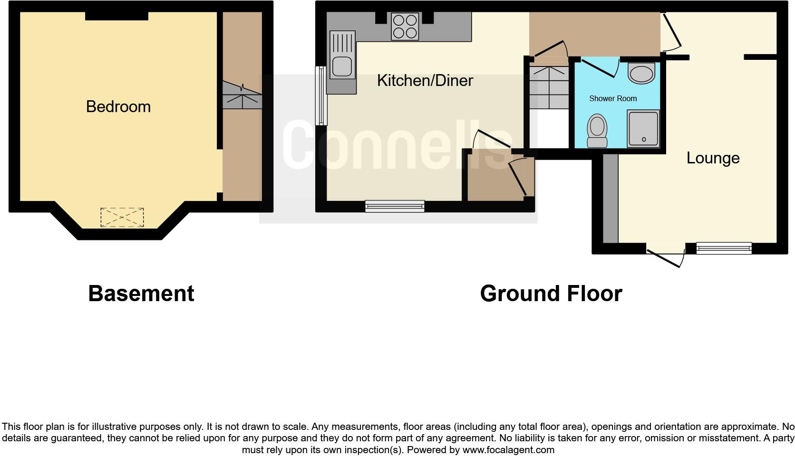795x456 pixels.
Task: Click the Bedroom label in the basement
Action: (118, 106)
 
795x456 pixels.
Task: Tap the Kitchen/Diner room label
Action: (425, 80)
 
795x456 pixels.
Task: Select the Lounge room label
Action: (713, 158)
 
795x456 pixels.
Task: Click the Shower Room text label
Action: (613, 98)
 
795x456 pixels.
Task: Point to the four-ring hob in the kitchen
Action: (405, 26)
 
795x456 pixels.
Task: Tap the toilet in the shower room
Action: (597, 131)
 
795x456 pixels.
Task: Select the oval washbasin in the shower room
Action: (641, 73)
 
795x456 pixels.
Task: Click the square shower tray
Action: (643, 128)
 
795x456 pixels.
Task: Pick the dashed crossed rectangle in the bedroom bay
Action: (122, 217)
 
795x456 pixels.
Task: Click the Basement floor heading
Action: (141, 294)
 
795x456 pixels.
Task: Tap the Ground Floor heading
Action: (551, 294)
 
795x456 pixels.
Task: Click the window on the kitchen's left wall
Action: (322, 95)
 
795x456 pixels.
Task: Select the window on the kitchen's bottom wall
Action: (395, 206)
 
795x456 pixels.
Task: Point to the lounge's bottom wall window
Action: (724, 248)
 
